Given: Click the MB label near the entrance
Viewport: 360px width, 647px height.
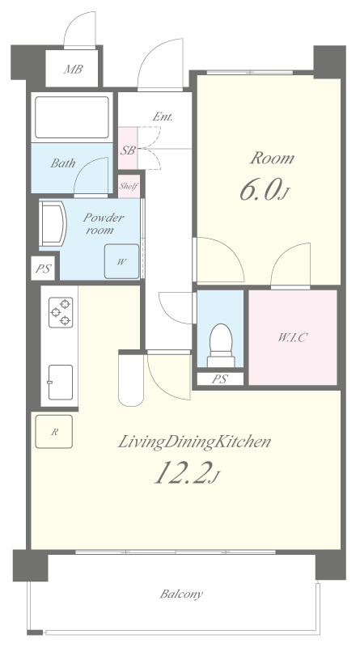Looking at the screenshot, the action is coord(73,70).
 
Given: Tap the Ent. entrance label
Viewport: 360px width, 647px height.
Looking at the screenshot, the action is coord(163,116).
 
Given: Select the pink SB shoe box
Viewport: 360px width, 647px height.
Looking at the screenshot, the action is coord(128,148).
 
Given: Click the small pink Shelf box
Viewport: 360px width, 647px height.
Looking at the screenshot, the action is coord(129,186).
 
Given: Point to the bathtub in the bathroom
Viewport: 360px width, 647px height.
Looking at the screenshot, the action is coord(72,117).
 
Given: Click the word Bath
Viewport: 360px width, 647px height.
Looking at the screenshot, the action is coord(63,163).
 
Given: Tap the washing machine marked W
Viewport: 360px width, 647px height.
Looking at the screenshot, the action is coord(121,261).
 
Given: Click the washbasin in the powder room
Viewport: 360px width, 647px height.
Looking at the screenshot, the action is coord(53,225).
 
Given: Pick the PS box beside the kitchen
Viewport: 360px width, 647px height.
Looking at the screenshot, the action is coord(43,269).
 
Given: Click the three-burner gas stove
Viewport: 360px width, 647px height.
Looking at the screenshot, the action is coord(61,312).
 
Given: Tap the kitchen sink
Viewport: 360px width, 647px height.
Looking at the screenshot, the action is coord(61,383).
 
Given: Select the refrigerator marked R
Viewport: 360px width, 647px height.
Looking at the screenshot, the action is coord(54,432).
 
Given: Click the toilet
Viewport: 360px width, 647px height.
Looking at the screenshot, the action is coord(221,345).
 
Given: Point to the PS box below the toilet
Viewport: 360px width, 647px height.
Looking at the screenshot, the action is coord(220,379).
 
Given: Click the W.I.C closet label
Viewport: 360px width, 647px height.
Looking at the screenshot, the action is coord(292,338).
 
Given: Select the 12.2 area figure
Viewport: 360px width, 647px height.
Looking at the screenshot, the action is coord(186,472).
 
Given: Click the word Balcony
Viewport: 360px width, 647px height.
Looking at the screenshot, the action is coord(182,594).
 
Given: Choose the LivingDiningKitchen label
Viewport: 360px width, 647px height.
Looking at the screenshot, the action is coord(194,442).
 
